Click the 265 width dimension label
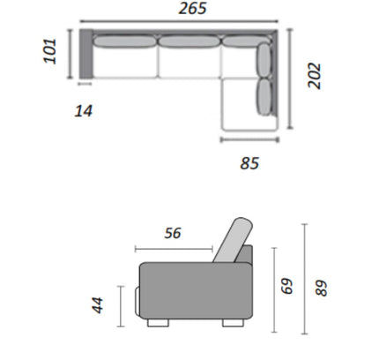point(192,8)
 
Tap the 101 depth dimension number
point(50,50)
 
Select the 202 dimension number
point(314,75)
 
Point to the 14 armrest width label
point(84,111)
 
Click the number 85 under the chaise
point(249,163)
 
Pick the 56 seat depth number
point(173,233)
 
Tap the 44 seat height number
point(98,305)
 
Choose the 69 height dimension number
point(287,286)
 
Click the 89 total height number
point(321,288)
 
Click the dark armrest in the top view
point(86,54)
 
